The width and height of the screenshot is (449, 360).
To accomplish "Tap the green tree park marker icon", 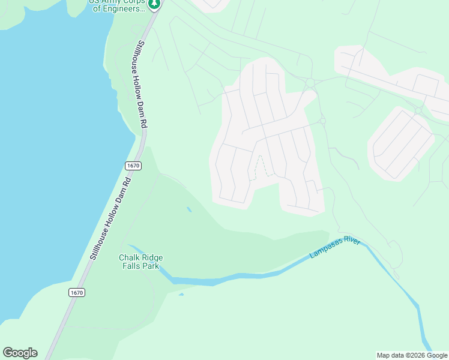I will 154,4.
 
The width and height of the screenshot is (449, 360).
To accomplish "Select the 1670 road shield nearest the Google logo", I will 76,293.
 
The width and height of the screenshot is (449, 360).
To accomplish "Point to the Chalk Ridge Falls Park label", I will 141,262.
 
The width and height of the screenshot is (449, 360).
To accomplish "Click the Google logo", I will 20,353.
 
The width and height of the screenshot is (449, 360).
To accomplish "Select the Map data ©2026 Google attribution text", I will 412,355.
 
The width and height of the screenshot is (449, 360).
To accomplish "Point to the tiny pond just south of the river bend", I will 181,294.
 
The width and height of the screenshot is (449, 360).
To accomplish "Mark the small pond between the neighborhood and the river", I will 189,209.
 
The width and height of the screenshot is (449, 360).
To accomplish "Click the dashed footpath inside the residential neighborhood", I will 260,166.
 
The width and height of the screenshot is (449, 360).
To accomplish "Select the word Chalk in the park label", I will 129,257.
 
